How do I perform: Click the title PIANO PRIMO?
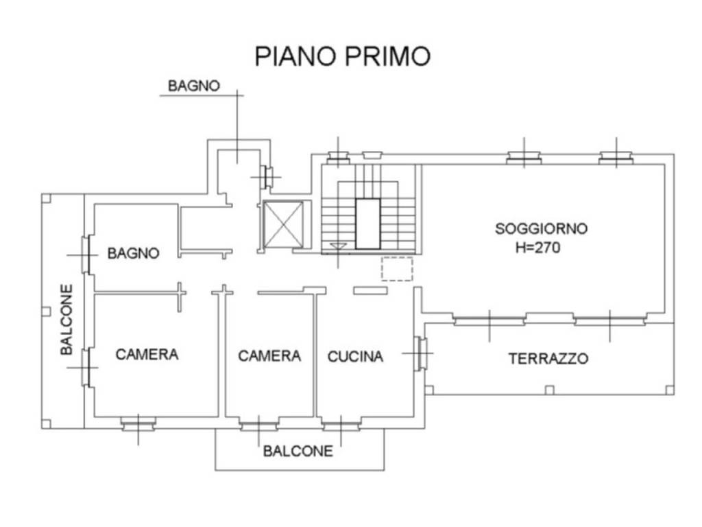342,56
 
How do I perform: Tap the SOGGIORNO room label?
541,229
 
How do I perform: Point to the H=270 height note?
537,248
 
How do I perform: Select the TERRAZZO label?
548,358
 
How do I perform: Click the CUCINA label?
355,357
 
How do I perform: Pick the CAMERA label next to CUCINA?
269,356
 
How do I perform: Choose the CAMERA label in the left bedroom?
147,354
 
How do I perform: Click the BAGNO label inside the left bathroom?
133,253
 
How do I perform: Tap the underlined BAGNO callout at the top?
194,86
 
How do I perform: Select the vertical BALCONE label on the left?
66,320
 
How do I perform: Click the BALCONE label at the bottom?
298,451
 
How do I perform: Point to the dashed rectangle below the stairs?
396,268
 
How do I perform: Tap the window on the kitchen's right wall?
420,354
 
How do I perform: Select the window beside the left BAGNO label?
87,254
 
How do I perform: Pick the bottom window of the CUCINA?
341,426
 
